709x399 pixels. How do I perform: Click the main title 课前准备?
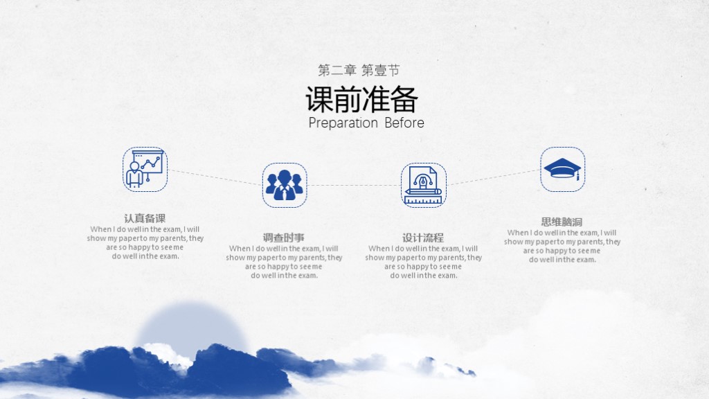point(361,100)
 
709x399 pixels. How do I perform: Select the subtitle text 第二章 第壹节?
point(358,70)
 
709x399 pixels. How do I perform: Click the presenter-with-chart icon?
point(145,169)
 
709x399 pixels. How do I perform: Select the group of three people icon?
point(285,185)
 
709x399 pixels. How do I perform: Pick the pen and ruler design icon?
point(424,185)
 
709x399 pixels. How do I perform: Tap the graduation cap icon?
point(562,169)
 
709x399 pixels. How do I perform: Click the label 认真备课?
point(145,218)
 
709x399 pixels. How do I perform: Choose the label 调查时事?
point(284,238)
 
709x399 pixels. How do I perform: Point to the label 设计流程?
point(423,238)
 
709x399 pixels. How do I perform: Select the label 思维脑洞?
point(562,222)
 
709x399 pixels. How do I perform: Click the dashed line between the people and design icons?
point(354,185)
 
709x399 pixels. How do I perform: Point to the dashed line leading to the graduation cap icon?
point(493,177)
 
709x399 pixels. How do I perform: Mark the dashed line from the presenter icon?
point(215,177)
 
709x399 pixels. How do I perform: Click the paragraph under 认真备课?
point(145,242)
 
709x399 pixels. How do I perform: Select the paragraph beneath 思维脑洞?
point(562,246)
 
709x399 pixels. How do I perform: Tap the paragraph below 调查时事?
point(284,262)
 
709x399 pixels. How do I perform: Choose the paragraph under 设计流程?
point(424,262)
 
